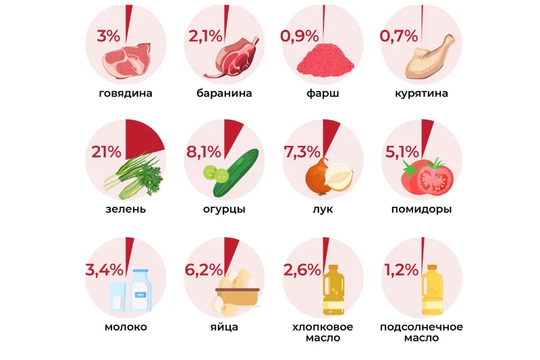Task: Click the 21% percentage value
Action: [x=106, y=153]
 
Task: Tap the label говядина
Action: [x=126, y=93]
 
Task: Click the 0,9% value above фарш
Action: [x=300, y=36]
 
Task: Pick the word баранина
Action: [x=224, y=93]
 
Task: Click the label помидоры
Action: [x=421, y=209]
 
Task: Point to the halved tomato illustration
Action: [x=435, y=179]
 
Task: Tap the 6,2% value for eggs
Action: [x=203, y=270]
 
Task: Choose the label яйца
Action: [x=224, y=328]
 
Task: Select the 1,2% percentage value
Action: [x=402, y=270]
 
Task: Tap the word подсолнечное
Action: [x=421, y=328]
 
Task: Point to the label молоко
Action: [x=126, y=328]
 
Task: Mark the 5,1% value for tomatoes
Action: [x=401, y=153]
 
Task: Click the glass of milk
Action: [x=117, y=297]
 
